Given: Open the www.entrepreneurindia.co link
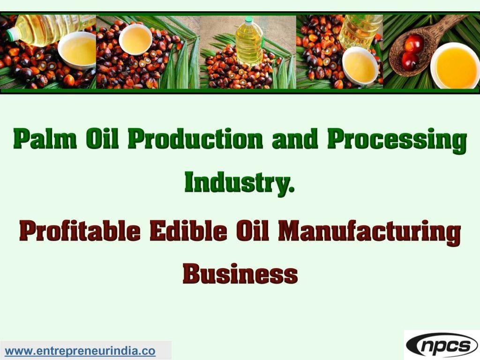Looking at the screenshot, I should click(x=80, y=351).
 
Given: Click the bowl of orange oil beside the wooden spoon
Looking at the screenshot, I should click(x=454, y=65).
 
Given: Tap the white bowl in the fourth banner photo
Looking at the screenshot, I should click(x=360, y=65).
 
